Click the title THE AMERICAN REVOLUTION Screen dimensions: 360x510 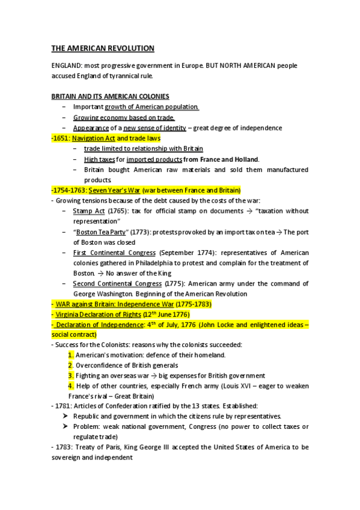(x=103, y=48)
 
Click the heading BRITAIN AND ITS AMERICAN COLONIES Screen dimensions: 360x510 (x=110, y=96)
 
